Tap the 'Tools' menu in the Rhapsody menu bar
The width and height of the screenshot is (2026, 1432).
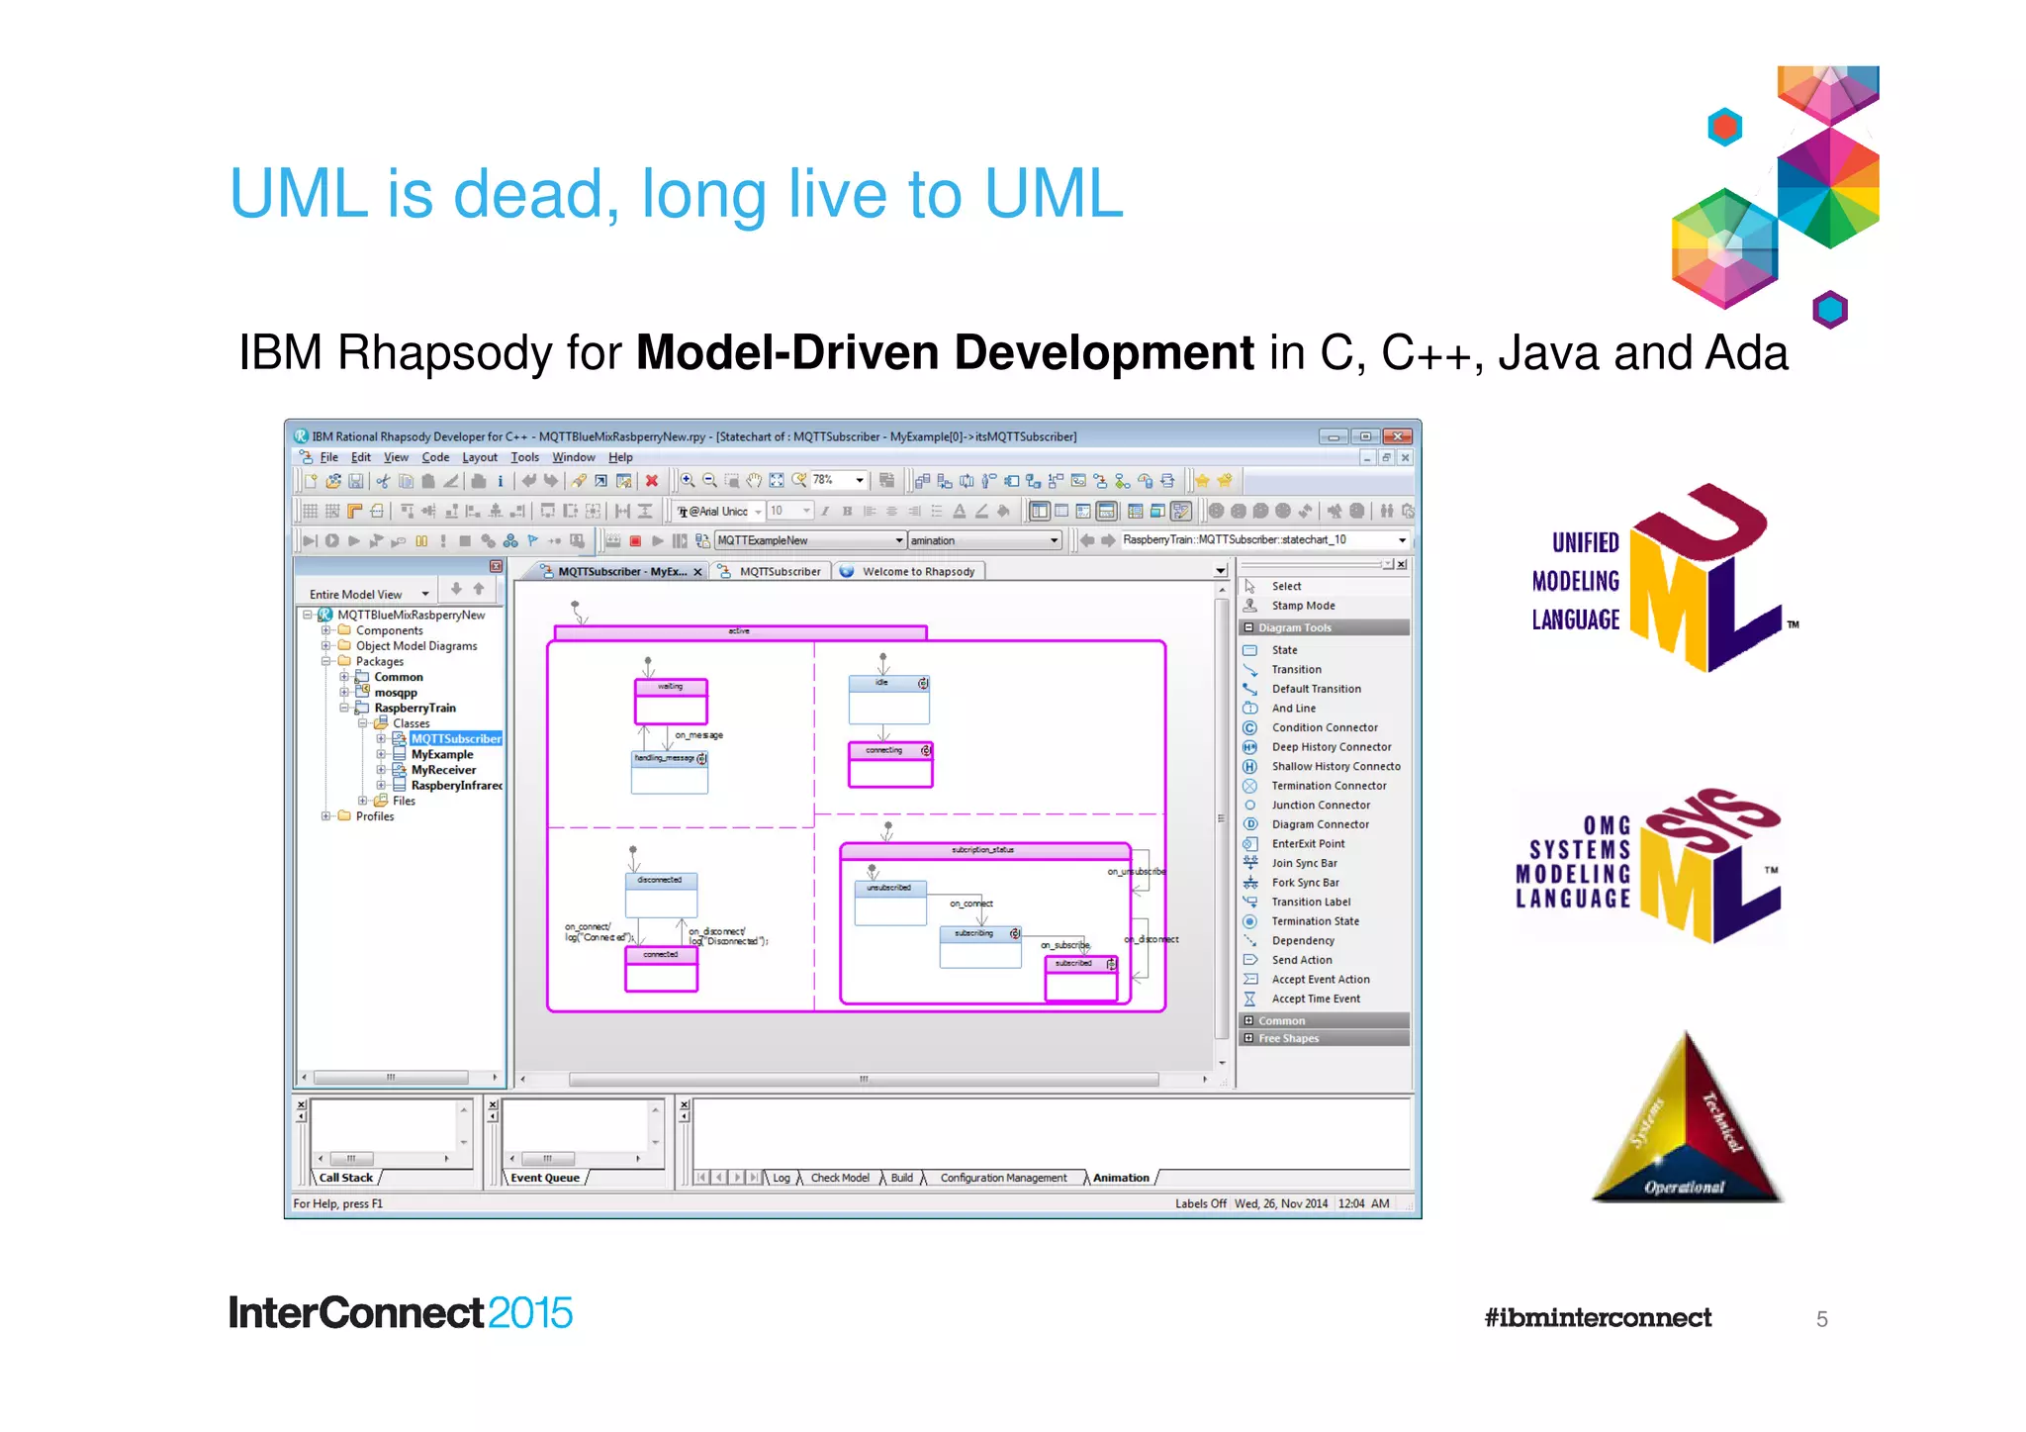524,457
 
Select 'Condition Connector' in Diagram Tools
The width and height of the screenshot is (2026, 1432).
1324,727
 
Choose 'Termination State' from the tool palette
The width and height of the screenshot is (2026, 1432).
1315,921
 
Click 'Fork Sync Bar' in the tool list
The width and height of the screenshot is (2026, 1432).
1305,883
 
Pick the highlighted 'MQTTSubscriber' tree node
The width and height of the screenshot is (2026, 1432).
455,739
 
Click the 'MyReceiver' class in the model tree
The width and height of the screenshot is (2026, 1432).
443,770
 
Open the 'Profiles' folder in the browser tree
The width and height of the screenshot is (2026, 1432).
374,816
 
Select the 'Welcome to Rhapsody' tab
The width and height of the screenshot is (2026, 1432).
917,572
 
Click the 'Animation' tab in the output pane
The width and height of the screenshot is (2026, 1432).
1120,1178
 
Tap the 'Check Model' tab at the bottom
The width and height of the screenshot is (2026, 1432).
839,1178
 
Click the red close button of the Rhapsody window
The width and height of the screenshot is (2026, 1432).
1397,436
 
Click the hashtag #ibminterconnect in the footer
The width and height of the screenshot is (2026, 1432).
1597,1318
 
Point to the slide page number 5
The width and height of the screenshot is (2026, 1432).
1821,1319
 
